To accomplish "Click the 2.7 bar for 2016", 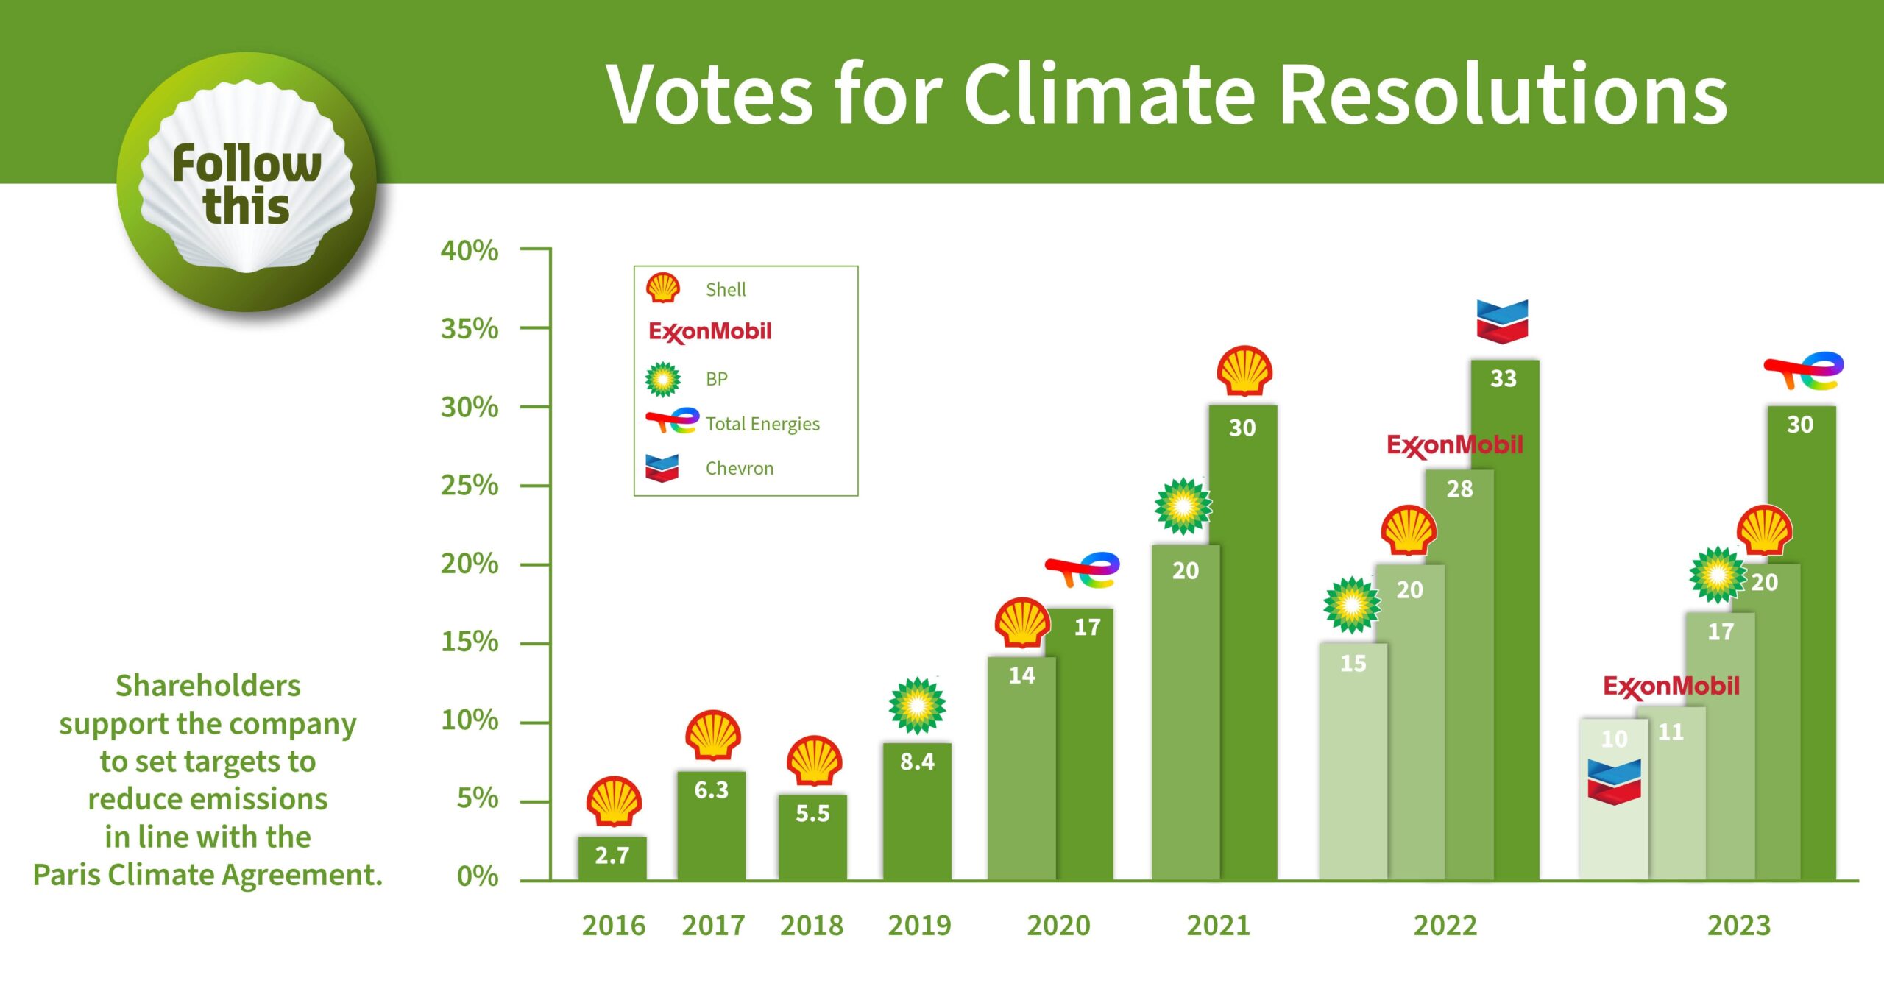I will (612, 857).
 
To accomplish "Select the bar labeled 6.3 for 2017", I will (711, 824).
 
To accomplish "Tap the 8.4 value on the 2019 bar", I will (917, 762).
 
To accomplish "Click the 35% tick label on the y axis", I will (470, 328).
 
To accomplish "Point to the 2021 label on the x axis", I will (1218, 925).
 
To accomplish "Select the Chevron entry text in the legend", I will (739, 468).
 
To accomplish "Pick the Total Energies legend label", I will (762, 424).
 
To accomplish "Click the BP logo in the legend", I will (662, 379).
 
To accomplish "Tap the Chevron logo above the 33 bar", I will (1502, 322).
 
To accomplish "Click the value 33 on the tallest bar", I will (1503, 378).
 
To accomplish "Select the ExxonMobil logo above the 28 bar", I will (1454, 446).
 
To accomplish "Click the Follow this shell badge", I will (247, 182).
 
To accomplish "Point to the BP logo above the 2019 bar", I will (917, 706).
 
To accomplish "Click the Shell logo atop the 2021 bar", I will (1244, 371).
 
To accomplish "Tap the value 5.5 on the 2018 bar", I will (812, 813).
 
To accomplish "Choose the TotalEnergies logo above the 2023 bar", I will (1803, 370).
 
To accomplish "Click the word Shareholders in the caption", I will (208, 686).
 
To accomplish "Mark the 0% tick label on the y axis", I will (477, 876).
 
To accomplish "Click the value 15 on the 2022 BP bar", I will (1353, 663).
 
